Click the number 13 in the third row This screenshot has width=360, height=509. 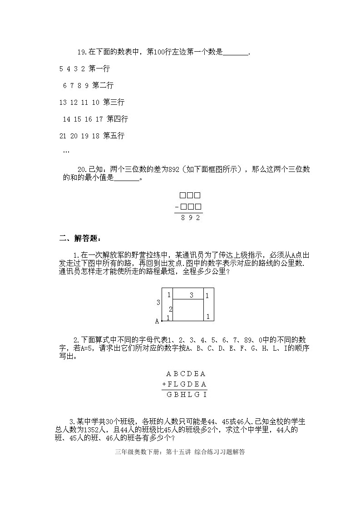[63, 103]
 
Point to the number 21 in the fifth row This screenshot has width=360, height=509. [63, 136]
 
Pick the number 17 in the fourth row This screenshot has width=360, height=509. [99, 119]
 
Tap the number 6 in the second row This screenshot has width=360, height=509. [65, 86]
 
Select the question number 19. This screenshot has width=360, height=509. [82, 53]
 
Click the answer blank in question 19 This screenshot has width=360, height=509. [236, 53]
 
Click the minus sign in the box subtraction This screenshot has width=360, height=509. [177, 208]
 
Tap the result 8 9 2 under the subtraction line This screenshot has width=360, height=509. [190, 218]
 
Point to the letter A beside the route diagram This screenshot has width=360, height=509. [157, 321]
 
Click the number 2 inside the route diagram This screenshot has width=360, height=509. [171, 309]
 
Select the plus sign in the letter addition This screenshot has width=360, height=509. [164, 384]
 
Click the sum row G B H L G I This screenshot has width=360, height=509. [187, 395]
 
